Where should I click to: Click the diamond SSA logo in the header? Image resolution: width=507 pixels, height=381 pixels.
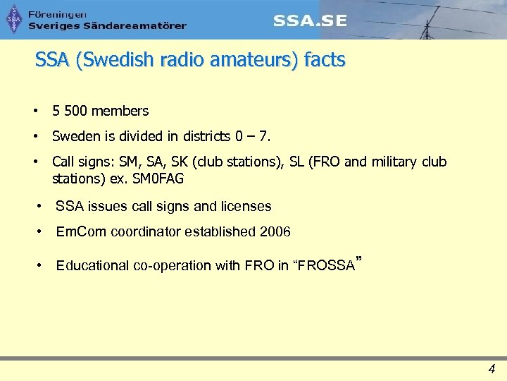coord(14,19)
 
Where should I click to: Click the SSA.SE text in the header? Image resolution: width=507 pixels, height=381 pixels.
coord(310,20)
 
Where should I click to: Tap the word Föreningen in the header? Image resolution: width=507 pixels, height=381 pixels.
coord(58,14)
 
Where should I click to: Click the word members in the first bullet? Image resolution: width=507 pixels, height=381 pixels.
coord(120,111)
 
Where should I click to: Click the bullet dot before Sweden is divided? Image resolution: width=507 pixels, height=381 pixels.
coord(34,135)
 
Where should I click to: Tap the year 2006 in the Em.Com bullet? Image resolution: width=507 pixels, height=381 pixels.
coord(275,231)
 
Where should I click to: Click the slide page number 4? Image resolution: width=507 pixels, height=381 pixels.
coord(492,368)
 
